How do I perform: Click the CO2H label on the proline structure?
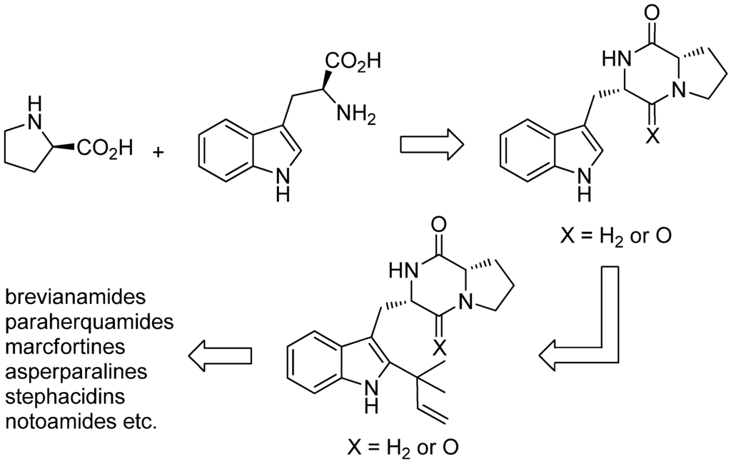[x=105, y=149]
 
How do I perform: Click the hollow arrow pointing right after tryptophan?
[x=430, y=143]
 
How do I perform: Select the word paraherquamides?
[x=89, y=321]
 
